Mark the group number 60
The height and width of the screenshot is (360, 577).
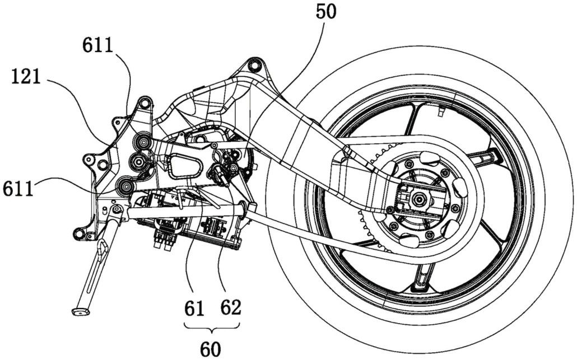(211, 348)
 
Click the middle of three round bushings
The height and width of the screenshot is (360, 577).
(137, 162)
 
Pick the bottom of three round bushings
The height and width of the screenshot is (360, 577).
(127, 185)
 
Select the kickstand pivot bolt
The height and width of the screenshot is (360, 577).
(116, 210)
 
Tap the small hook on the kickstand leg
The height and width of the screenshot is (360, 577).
(103, 246)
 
